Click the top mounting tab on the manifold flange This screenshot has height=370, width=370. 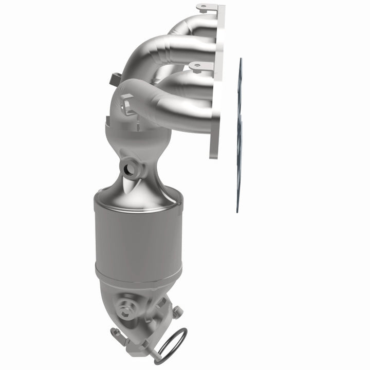tap(205, 8)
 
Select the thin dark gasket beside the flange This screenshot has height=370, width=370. tap(239, 134)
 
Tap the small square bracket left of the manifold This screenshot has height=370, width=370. tap(115, 79)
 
